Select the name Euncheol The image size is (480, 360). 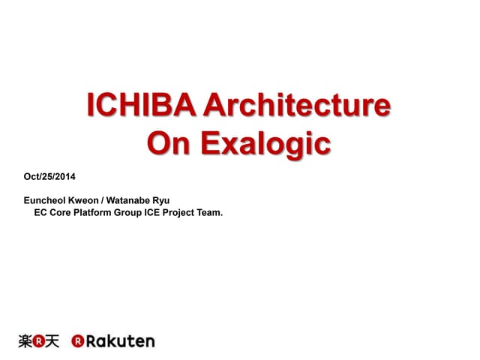coord(47,200)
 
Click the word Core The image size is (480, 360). coord(62,212)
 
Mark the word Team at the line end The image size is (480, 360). coord(212,212)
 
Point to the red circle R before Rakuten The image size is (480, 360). coord(77,341)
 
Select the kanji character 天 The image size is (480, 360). coord(51,341)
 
